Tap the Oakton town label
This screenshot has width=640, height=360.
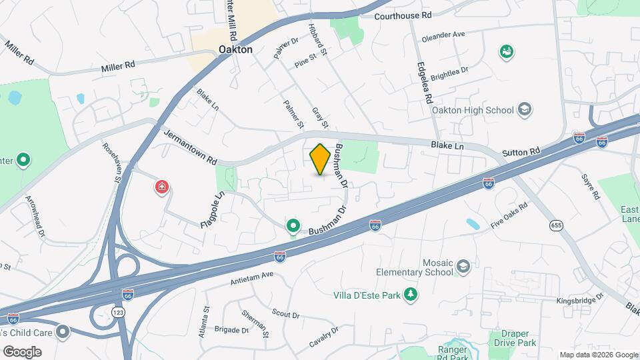point(236,49)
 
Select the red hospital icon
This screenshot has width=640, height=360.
point(161,187)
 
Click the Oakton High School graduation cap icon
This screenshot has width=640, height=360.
point(524,110)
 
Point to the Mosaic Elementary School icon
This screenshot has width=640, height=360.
point(462,267)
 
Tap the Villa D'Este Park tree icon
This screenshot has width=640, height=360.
point(412,294)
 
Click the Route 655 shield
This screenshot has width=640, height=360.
point(556,225)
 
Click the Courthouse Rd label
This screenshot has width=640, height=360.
point(403,15)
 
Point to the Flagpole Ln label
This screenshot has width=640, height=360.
point(211,210)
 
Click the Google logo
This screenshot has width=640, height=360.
point(22,351)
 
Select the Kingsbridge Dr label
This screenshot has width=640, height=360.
point(580,299)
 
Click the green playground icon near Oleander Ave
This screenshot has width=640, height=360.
point(507,51)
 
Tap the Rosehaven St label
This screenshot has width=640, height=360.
point(111,163)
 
